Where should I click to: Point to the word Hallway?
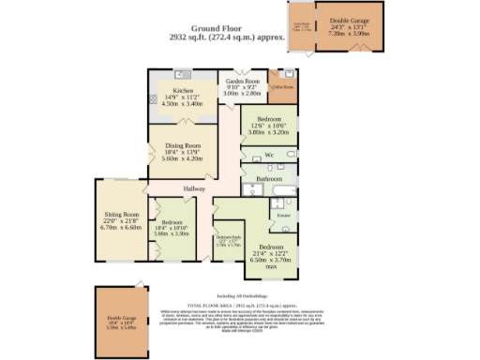pos(194,189)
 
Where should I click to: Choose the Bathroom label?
pos(269,177)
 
